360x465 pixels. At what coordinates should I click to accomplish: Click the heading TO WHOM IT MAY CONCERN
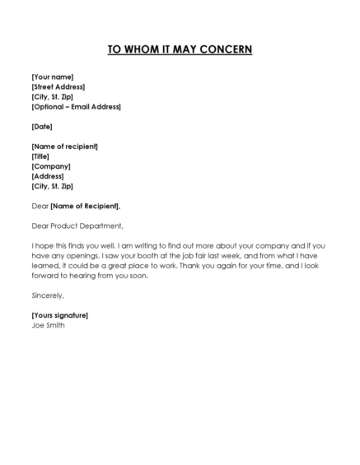pyautogui.click(x=180, y=49)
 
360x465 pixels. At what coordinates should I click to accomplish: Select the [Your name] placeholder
pyautogui.click(x=54, y=77)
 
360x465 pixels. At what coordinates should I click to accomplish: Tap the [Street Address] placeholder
pyautogui.click(x=58, y=86)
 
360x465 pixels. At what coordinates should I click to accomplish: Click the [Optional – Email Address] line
pyautogui.click(x=76, y=106)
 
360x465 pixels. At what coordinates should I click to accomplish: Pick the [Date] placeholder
pyautogui.click(x=42, y=126)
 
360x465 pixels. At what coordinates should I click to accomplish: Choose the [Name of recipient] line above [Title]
pyautogui.click(x=64, y=146)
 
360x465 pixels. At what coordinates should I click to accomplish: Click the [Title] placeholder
pyautogui.click(x=41, y=156)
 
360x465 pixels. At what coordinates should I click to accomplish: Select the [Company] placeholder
pyautogui.click(x=51, y=166)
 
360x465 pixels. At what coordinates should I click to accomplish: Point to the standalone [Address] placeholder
pyautogui.click(x=48, y=176)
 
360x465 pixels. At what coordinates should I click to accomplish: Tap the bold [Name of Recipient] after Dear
pyautogui.click(x=85, y=206)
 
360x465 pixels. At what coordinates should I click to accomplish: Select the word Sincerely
pyautogui.click(x=48, y=295)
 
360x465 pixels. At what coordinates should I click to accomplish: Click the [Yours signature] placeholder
pyautogui.click(x=59, y=314)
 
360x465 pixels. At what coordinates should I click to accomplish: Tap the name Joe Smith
pyautogui.click(x=48, y=324)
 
